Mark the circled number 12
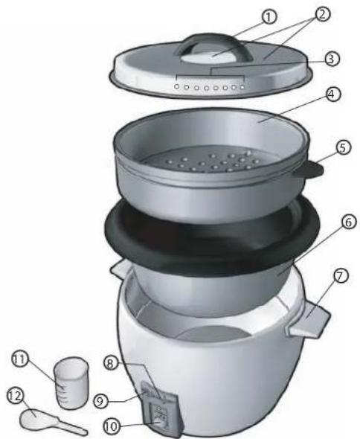13,396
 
